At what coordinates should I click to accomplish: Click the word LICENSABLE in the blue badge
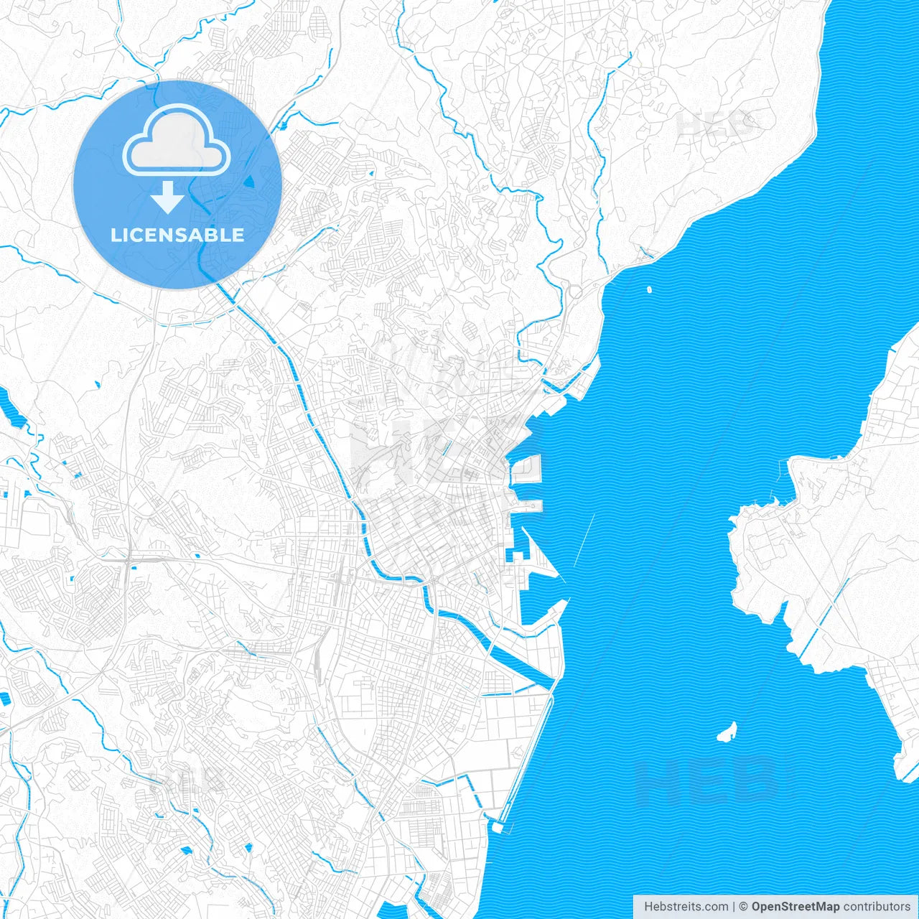177,235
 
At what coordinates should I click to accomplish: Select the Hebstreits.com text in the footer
686,907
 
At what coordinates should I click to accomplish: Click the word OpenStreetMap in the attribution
795,907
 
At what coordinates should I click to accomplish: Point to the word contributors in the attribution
877,907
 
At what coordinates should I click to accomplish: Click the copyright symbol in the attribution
744,907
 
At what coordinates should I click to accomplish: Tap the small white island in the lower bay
727,733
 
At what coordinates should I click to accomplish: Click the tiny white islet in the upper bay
649,290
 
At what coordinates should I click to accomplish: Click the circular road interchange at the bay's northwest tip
574,292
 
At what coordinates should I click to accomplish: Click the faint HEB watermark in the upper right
718,124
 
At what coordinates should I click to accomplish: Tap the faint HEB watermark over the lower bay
707,781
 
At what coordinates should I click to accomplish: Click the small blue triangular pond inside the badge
250,181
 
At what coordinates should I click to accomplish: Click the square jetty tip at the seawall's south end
500,826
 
